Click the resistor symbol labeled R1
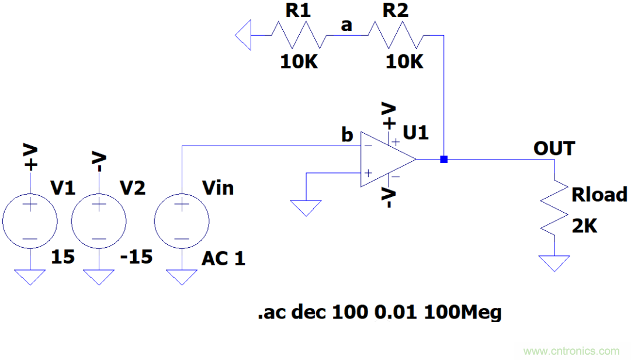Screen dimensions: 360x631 point(298,36)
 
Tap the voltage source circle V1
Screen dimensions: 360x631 point(30,222)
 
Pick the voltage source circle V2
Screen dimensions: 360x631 point(99,222)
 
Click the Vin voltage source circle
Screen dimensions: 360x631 point(181,222)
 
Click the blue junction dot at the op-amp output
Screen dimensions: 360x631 point(444,159)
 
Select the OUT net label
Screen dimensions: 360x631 point(554,148)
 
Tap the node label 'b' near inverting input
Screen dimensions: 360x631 point(347,135)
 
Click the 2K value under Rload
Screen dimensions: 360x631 point(584,226)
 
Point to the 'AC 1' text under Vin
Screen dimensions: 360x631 point(224,258)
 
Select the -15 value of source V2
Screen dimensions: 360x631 point(137,256)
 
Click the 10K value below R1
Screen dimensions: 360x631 point(299,62)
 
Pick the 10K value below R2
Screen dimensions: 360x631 point(404,62)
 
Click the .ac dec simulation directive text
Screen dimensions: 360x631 point(380,313)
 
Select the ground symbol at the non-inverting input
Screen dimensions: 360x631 point(306,207)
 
